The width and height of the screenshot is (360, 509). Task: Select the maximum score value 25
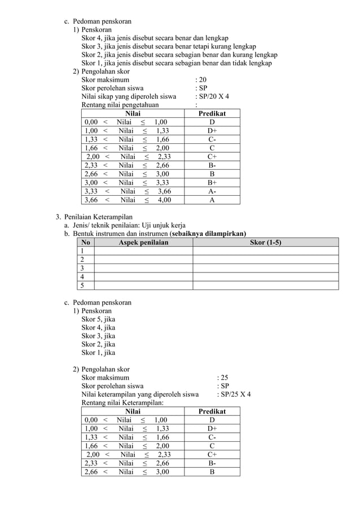[x=224, y=378]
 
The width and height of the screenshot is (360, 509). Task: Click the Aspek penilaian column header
[x=143, y=242]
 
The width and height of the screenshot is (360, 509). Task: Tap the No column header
[x=85, y=242]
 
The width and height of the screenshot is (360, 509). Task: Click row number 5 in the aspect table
[x=83, y=285]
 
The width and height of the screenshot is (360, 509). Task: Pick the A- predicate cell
[x=212, y=191]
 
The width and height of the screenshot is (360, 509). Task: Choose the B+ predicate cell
[x=212, y=183]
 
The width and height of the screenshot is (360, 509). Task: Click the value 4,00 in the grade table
[x=164, y=200]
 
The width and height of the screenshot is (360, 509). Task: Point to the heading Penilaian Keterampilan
[x=98, y=217]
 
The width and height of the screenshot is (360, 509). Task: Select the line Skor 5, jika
[x=98, y=319]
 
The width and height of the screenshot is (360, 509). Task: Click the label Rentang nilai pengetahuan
[x=120, y=105]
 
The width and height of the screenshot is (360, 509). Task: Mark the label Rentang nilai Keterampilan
[x=122, y=403]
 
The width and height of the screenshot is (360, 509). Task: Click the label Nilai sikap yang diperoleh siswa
[x=129, y=96]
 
